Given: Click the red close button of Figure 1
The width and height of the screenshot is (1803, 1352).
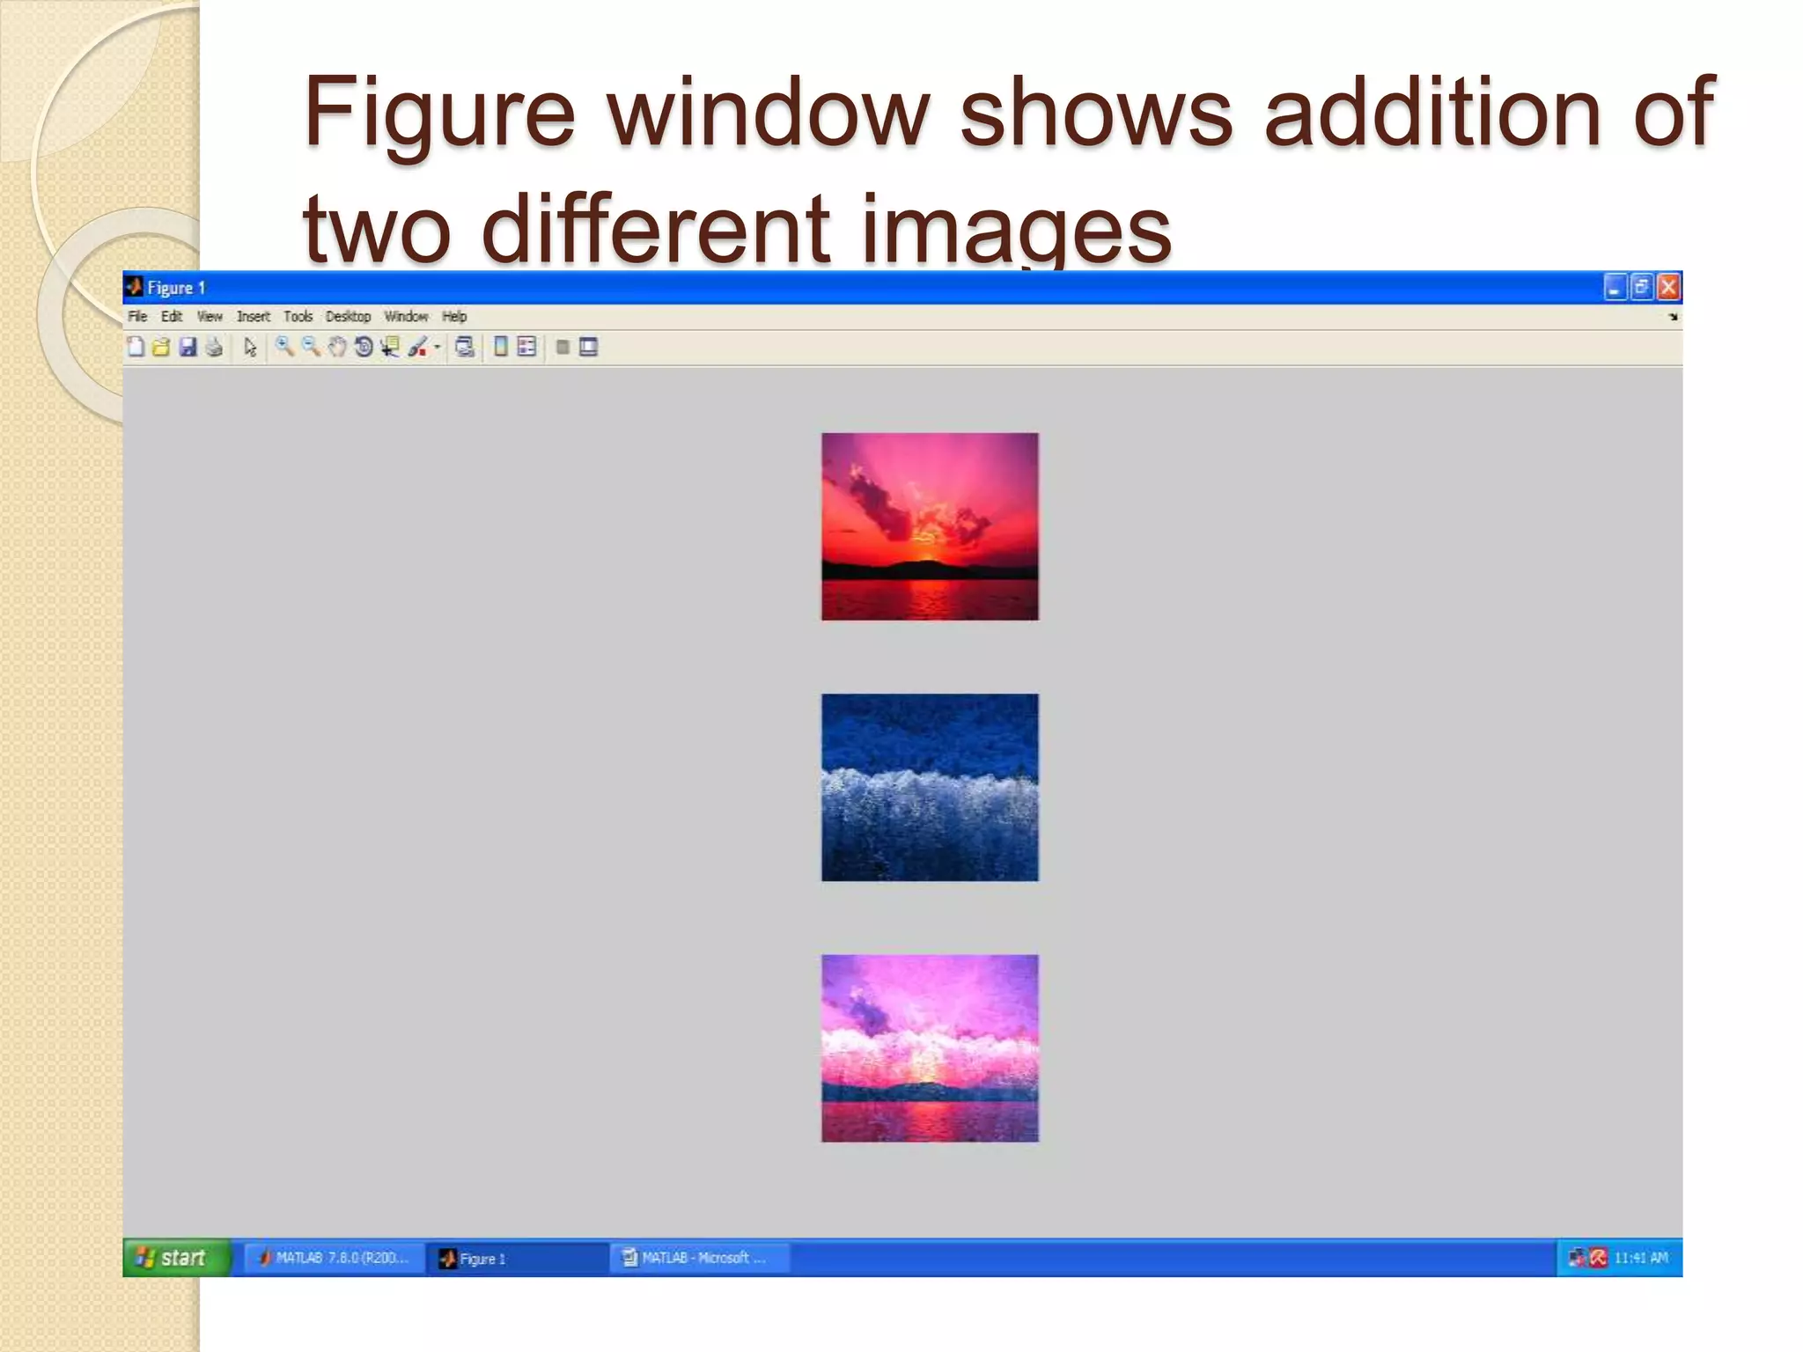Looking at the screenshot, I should click(x=1668, y=288).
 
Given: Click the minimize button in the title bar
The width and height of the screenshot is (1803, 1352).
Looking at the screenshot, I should click(x=1615, y=288).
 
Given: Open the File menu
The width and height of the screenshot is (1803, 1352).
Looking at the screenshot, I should click(x=137, y=317).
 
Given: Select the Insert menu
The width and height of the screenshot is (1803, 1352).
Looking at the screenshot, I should click(x=253, y=317).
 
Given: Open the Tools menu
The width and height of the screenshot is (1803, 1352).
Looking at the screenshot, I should click(x=298, y=317).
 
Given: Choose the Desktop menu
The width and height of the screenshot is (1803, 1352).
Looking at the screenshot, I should click(x=348, y=317).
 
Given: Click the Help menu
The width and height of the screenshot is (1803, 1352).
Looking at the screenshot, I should click(x=454, y=317).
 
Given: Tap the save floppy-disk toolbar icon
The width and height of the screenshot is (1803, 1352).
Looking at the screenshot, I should click(x=188, y=348).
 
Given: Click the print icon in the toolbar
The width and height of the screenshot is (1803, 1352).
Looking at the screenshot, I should click(x=214, y=348).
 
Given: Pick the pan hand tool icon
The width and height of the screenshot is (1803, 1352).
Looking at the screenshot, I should click(x=337, y=348).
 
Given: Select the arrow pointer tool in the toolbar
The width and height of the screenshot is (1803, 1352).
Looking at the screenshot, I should click(x=250, y=348).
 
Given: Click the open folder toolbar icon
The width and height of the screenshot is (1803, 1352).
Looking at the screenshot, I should click(x=161, y=348).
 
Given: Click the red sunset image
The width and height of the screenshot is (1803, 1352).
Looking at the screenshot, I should click(x=930, y=526).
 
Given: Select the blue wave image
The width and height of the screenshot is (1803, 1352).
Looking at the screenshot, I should click(x=930, y=787).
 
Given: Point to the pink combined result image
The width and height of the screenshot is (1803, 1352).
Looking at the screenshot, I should click(x=930, y=1048).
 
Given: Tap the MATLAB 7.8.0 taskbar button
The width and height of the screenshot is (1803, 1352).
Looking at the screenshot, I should click(x=335, y=1258).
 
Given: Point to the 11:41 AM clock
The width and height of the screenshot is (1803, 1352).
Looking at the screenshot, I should click(x=1641, y=1258).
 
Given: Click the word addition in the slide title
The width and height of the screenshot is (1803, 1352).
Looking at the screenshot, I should click(x=1431, y=112).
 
